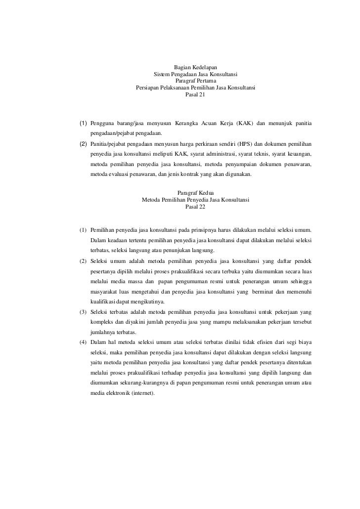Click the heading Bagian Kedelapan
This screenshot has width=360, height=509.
(195, 67)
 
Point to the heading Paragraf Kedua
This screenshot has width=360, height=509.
(195, 193)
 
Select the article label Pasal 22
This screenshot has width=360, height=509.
(195, 207)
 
